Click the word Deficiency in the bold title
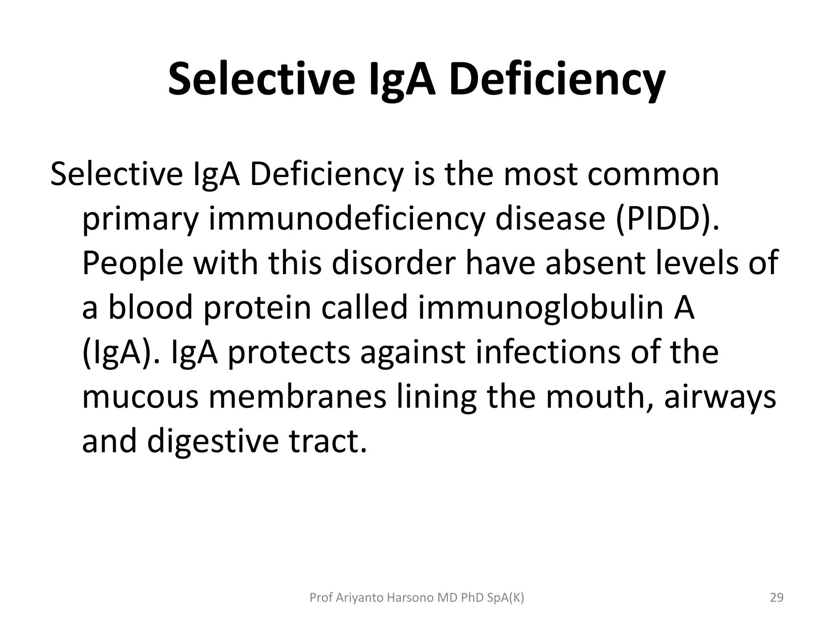click(x=557, y=78)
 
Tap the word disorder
click(x=393, y=263)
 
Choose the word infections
click(x=548, y=352)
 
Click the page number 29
click(x=777, y=598)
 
